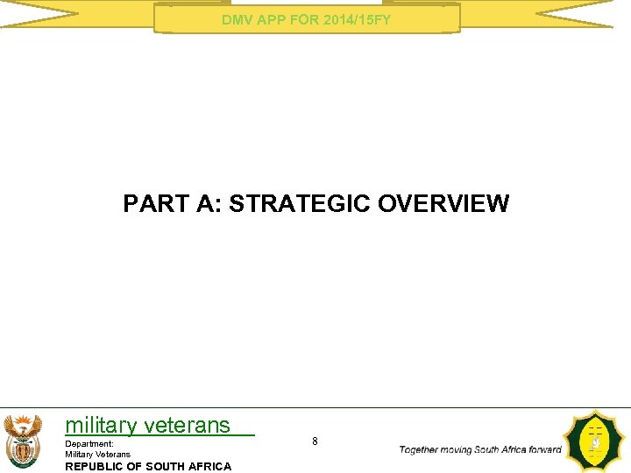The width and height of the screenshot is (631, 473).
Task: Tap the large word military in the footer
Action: [101, 426]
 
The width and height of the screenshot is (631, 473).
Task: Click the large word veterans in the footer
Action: [187, 426]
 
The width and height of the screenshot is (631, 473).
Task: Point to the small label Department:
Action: [89, 444]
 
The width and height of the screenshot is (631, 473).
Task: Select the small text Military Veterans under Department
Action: [98, 454]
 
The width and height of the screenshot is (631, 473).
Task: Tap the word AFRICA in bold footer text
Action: [207, 466]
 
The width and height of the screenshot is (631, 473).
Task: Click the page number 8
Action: [315, 441]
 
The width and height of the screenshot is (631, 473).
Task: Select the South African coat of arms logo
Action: [22, 441]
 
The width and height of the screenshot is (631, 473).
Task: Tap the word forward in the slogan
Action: [545, 449]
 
